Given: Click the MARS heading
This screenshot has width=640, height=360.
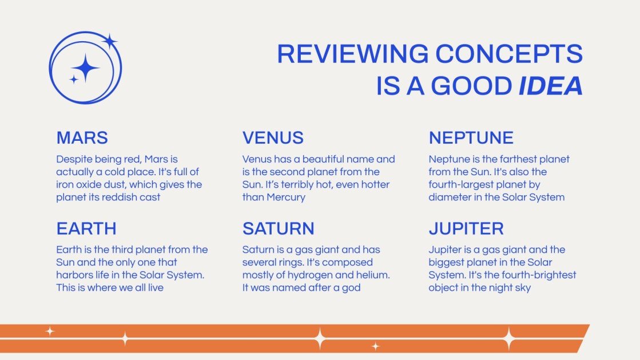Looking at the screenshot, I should (x=82, y=138).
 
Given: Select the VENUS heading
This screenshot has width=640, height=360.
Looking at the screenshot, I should (x=273, y=138).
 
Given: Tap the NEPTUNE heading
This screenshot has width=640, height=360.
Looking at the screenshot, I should (x=471, y=138).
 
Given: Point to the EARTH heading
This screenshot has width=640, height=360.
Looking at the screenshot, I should (x=86, y=229).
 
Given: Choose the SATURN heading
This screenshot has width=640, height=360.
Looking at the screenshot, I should (x=278, y=229).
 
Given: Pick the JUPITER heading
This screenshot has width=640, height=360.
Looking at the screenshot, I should (x=466, y=229).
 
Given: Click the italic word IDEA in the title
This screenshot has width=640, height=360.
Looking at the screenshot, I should (x=550, y=86).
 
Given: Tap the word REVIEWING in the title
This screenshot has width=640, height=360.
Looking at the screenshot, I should (x=352, y=54).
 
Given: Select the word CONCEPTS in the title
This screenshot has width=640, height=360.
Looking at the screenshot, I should (x=509, y=54).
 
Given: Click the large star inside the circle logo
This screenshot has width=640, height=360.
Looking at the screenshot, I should (x=86, y=68).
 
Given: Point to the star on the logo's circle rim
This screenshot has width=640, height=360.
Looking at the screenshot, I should (x=109, y=41).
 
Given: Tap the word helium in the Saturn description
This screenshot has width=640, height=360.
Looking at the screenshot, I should (x=371, y=275).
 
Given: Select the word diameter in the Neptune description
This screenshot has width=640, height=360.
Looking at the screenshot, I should (x=449, y=197).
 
